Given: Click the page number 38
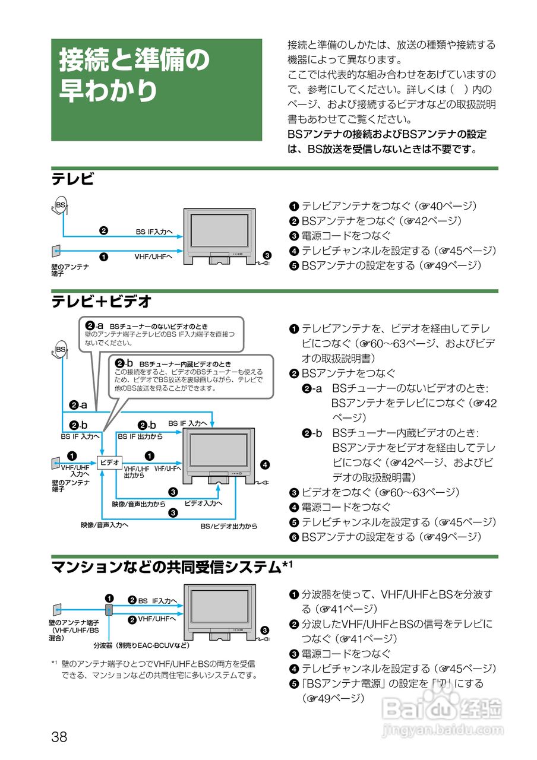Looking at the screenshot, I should point(59,737).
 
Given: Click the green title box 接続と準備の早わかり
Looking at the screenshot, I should point(156,90).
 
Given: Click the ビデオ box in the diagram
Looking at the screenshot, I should point(109,462).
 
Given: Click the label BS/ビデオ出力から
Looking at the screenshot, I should point(229,526).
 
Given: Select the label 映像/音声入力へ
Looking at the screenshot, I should point(105,525).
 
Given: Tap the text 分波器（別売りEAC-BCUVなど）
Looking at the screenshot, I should point(141,645).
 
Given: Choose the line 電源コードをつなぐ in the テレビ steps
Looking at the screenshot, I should point(346,236).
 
